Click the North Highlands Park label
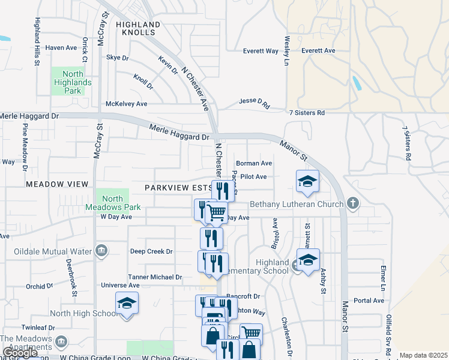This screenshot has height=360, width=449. point(72,83)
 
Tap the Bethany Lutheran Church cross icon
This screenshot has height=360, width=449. point(353,204)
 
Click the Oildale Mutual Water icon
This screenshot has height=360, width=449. point(101,250)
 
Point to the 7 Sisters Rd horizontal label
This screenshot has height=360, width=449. point(306,113)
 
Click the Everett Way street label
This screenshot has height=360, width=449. point(261,52)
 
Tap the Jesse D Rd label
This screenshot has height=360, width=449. point(254,103)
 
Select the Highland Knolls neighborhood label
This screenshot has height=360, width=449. point(139,28)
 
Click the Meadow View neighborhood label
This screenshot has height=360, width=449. point(57,184)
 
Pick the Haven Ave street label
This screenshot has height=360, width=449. point(62,47)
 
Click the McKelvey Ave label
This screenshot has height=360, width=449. point(126,104)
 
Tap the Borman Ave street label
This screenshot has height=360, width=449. point(254,163)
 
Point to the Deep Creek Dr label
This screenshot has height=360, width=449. point(151,251)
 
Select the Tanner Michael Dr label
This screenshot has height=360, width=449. point(154,277)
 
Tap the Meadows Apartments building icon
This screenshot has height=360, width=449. point(60,342)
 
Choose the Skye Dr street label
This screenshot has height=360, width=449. point(117,58)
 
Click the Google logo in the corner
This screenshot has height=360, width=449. point(20,353)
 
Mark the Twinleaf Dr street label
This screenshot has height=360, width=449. point(38,328)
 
